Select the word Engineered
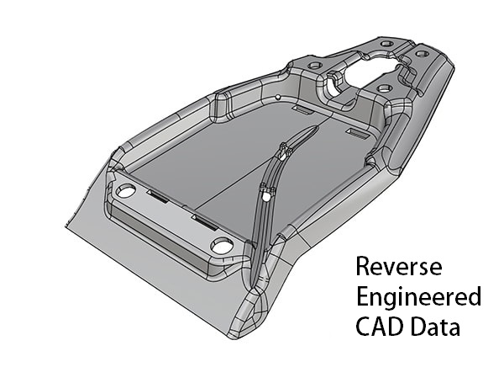(418, 297)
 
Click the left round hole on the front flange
(126, 191)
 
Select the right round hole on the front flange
(222, 247)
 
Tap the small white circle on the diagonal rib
(266, 195)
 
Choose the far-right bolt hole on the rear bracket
(422, 54)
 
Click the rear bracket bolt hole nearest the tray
(385, 88)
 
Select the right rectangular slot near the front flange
(204, 221)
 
